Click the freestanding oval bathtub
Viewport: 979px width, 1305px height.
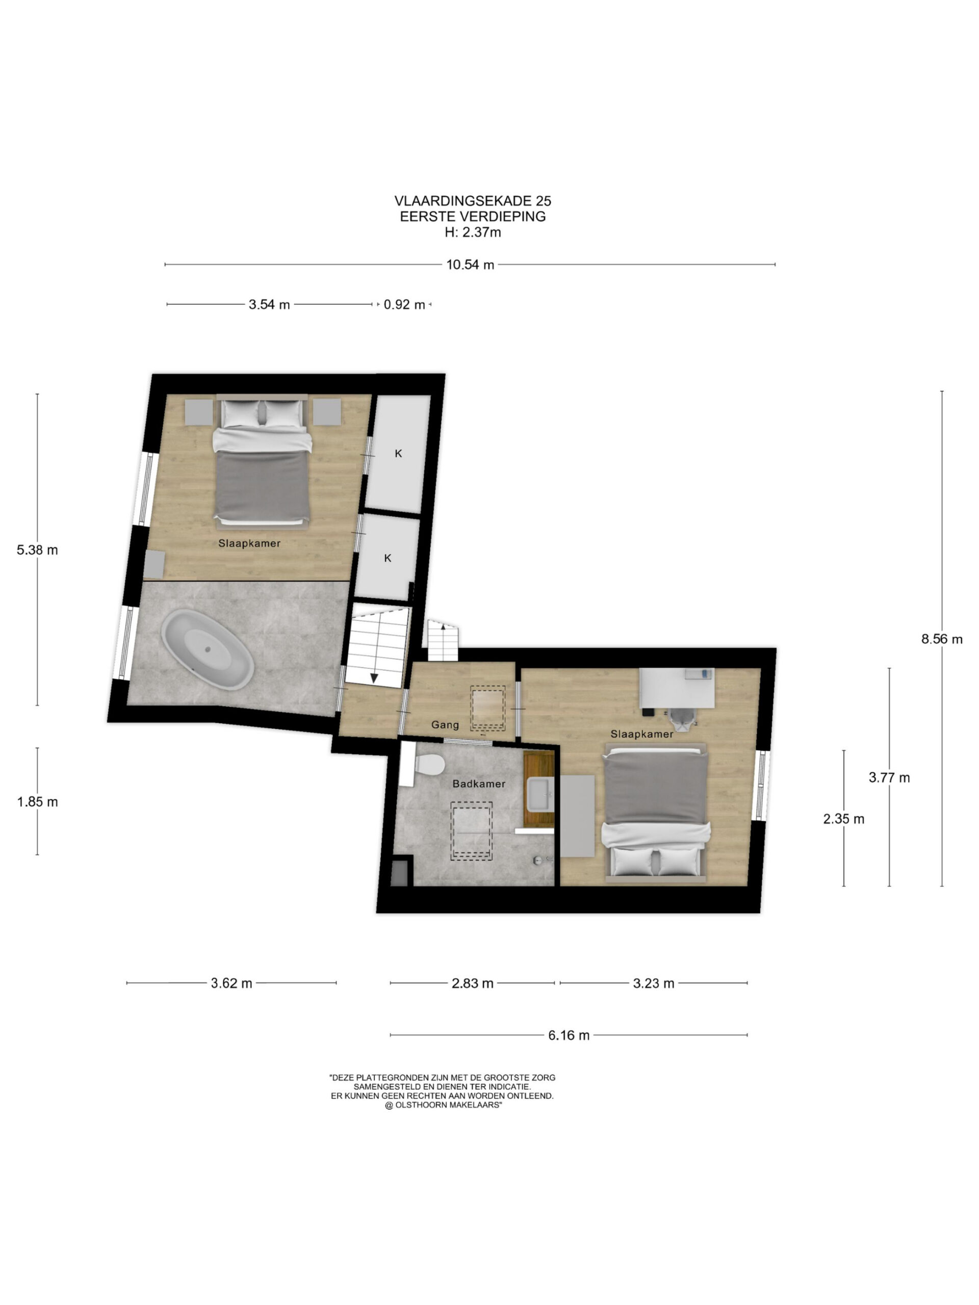[208, 649]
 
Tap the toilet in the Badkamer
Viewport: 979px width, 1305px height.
[429, 765]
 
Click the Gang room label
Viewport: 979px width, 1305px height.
[444, 724]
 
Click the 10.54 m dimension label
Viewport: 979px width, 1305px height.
[470, 264]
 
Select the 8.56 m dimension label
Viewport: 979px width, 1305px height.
[941, 638]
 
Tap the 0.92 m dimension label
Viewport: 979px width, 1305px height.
[404, 304]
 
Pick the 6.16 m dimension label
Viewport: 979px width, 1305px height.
[569, 1035]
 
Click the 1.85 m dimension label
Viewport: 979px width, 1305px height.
[37, 801]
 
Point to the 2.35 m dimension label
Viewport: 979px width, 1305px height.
[843, 818]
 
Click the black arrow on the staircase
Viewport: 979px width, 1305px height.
[374, 677]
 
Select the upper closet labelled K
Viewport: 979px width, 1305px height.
[397, 453]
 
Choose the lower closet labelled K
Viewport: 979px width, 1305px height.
[387, 558]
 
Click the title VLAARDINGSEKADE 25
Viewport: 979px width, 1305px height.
[473, 201]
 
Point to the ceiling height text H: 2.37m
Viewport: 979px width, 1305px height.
[473, 232]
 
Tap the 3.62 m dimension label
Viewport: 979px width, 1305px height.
[231, 983]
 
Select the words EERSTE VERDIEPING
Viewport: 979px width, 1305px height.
[473, 217]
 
